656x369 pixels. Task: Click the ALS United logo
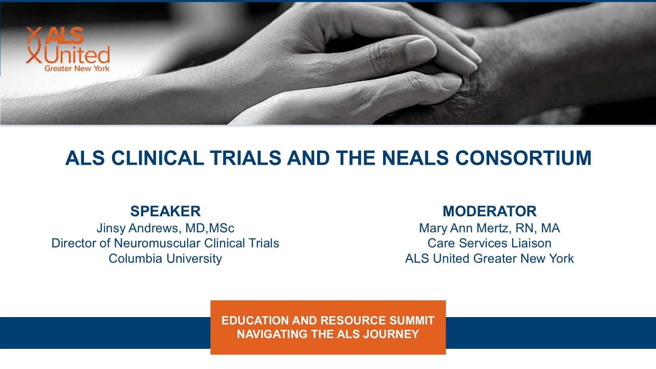pos(68,49)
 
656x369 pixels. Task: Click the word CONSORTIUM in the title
pos(523,158)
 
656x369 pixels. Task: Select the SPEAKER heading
pos(165,211)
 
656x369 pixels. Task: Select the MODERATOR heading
pos(490,211)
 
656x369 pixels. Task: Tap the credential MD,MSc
pos(210,228)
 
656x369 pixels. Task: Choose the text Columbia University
pos(165,259)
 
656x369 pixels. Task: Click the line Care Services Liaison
pos(490,243)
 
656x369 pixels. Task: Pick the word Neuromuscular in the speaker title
pos(158,243)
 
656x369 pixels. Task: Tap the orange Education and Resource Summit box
pos(328,327)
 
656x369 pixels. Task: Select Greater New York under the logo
pos(77,68)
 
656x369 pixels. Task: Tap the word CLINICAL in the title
pos(157,158)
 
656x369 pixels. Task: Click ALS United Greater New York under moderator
pos(490,259)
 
